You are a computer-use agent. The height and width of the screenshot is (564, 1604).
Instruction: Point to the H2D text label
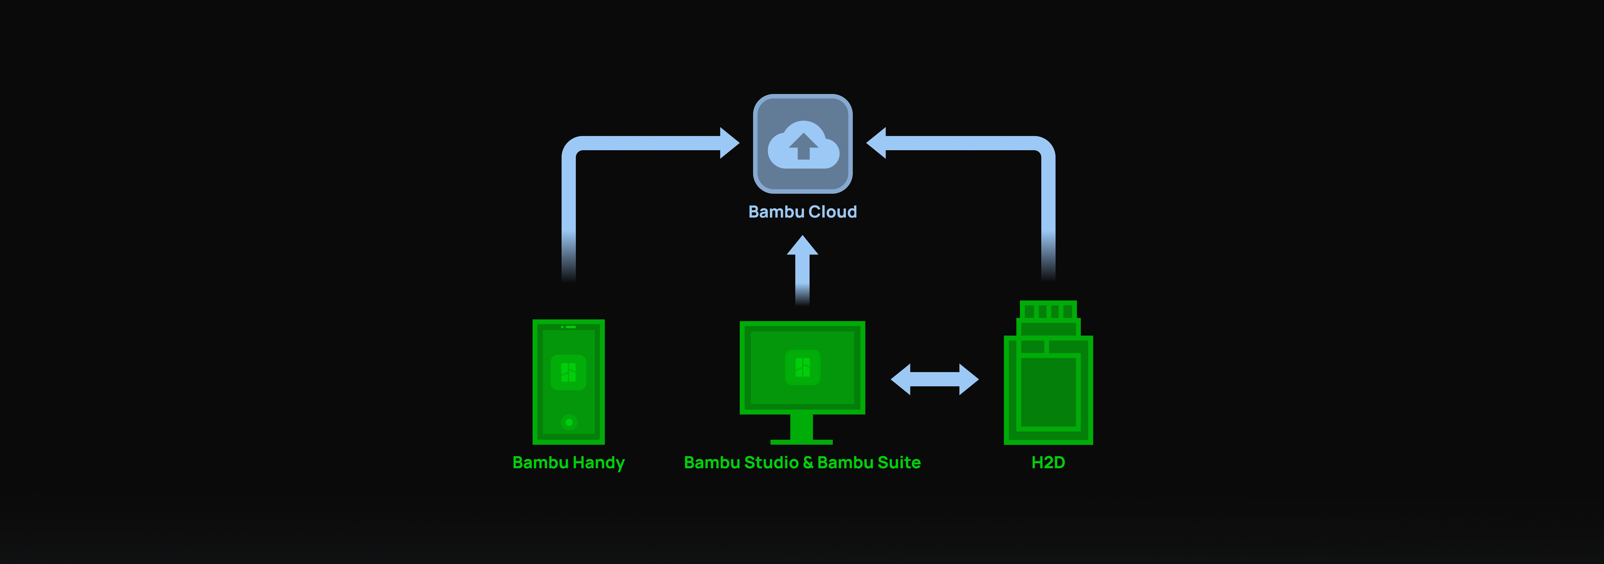tap(1048, 463)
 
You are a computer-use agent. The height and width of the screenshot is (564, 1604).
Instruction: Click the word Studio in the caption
tap(771, 463)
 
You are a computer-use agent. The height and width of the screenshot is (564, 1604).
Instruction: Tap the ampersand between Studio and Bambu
tap(808, 463)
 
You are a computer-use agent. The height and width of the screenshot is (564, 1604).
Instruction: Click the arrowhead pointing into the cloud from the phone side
tap(728, 143)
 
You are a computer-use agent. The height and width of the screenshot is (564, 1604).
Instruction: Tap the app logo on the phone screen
tap(568, 372)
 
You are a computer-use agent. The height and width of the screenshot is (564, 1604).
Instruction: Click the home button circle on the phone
tap(568, 422)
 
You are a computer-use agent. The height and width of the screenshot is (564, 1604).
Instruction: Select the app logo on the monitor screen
tap(803, 367)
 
